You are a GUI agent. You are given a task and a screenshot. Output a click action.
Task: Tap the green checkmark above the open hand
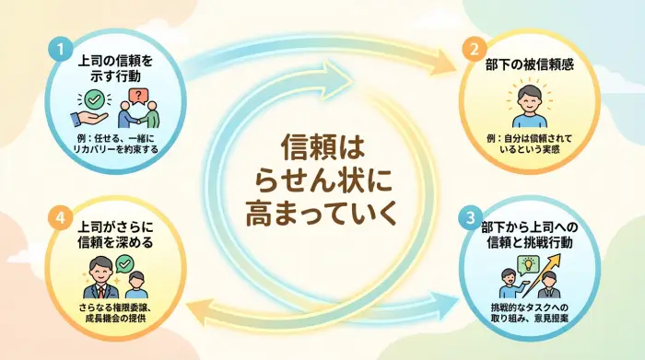tap(95, 99)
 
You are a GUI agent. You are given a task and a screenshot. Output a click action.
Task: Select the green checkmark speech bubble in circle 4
tap(125, 263)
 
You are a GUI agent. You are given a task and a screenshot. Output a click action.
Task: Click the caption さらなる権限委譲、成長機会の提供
tap(116, 312)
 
